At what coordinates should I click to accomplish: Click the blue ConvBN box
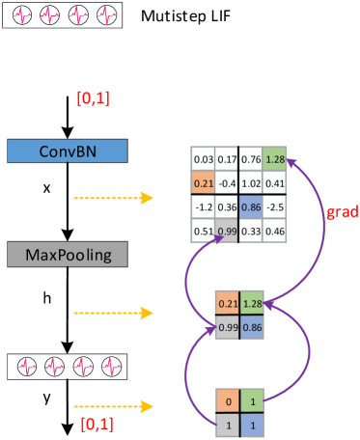tap(67, 151)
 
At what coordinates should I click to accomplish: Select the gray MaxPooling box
tap(67, 255)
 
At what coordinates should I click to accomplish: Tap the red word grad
tap(344, 212)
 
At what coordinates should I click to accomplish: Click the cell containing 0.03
tap(203, 158)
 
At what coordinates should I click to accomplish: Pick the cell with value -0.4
tap(227, 182)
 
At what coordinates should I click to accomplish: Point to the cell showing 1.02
tap(251, 182)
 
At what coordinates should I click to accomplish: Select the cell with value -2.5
tap(275, 206)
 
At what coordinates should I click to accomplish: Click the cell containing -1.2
tap(203, 206)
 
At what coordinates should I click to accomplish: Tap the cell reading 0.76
tap(251, 158)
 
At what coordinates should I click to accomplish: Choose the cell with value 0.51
tap(203, 231)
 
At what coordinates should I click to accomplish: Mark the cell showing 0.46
tap(275, 231)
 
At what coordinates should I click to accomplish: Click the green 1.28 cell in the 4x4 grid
tap(275, 158)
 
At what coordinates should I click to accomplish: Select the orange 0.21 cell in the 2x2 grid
tap(227, 304)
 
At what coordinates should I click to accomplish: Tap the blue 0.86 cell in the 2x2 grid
tap(252, 328)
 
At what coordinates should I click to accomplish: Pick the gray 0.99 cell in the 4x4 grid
tap(227, 231)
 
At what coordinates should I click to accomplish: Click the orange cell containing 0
tap(227, 399)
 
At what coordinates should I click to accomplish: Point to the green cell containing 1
tap(252, 399)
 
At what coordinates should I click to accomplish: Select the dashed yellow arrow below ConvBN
tap(113, 198)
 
